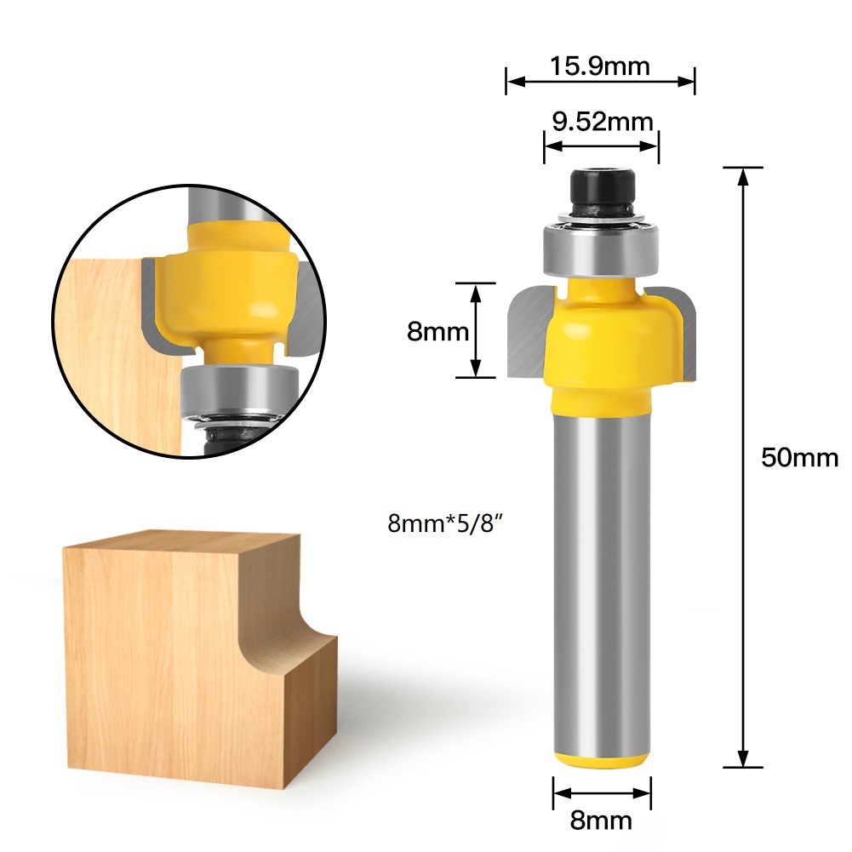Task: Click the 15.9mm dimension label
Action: point(601,66)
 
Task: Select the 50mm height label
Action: point(799,458)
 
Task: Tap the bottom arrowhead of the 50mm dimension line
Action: point(743,759)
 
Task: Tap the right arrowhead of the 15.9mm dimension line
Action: point(689,83)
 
